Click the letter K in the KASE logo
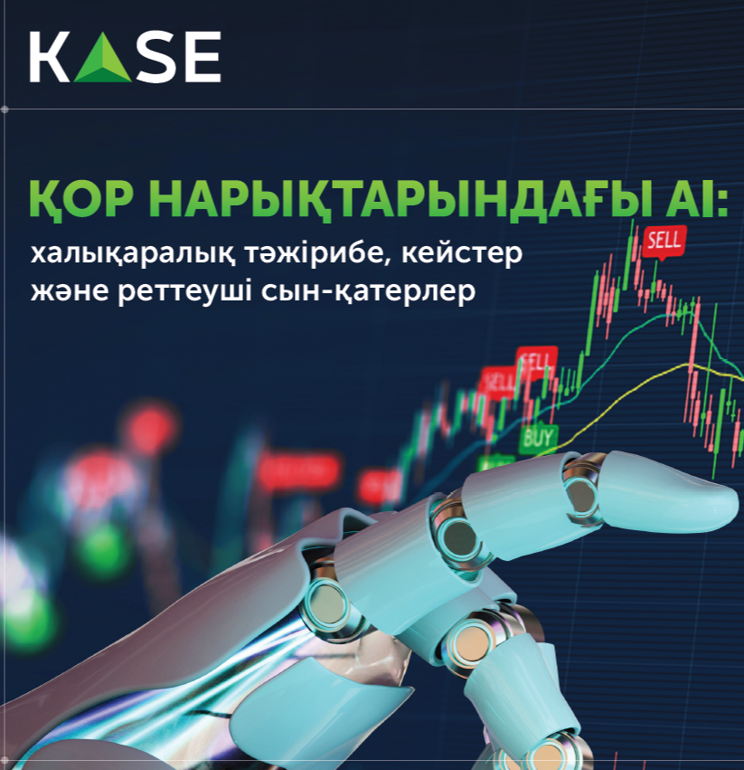[x=50, y=57]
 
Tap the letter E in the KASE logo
[x=202, y=57]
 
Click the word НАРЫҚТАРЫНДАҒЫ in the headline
[x=387, y=200]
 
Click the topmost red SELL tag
[x=664, y=241]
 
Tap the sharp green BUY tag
[x=538, y=437]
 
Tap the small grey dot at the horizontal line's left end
[x=5, y=109]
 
